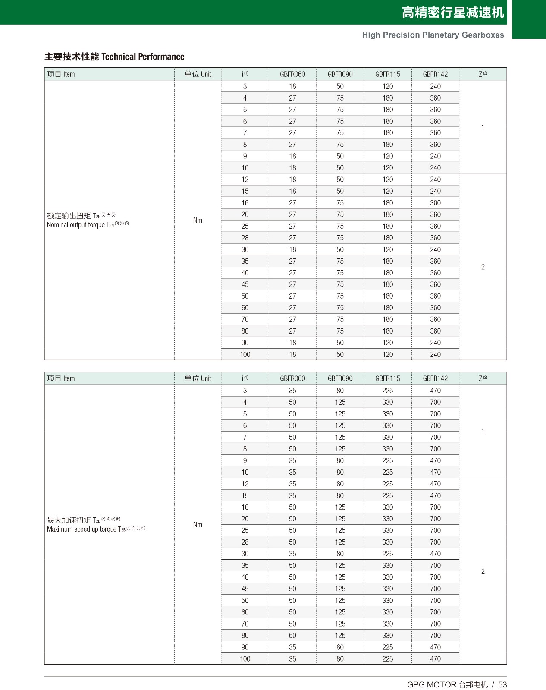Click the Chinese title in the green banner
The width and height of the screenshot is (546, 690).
[452, 13]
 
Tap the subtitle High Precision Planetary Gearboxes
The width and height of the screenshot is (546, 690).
[433, 35]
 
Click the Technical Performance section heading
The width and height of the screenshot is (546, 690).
[114, 57]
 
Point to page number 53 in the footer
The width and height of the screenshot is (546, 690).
[502, 684]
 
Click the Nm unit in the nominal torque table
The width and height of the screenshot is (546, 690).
[198, 221]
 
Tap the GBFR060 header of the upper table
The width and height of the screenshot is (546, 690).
[292, 74]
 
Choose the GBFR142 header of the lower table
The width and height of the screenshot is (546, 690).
[435, 378]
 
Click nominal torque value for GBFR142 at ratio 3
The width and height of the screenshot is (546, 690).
[435, 86]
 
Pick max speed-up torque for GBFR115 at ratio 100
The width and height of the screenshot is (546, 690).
[388, 659]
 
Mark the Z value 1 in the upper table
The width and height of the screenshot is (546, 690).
[483, 127]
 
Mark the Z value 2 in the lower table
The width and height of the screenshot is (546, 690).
[483, 571]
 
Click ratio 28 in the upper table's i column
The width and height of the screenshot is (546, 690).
[245, 238]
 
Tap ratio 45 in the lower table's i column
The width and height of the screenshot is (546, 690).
[245, 589]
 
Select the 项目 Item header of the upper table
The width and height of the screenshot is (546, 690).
[61, 74]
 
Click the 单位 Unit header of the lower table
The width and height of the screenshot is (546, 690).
[198, 378]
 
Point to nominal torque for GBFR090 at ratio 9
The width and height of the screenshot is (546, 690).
[340, 156]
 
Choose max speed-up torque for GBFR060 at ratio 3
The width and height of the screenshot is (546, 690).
[292, 391]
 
